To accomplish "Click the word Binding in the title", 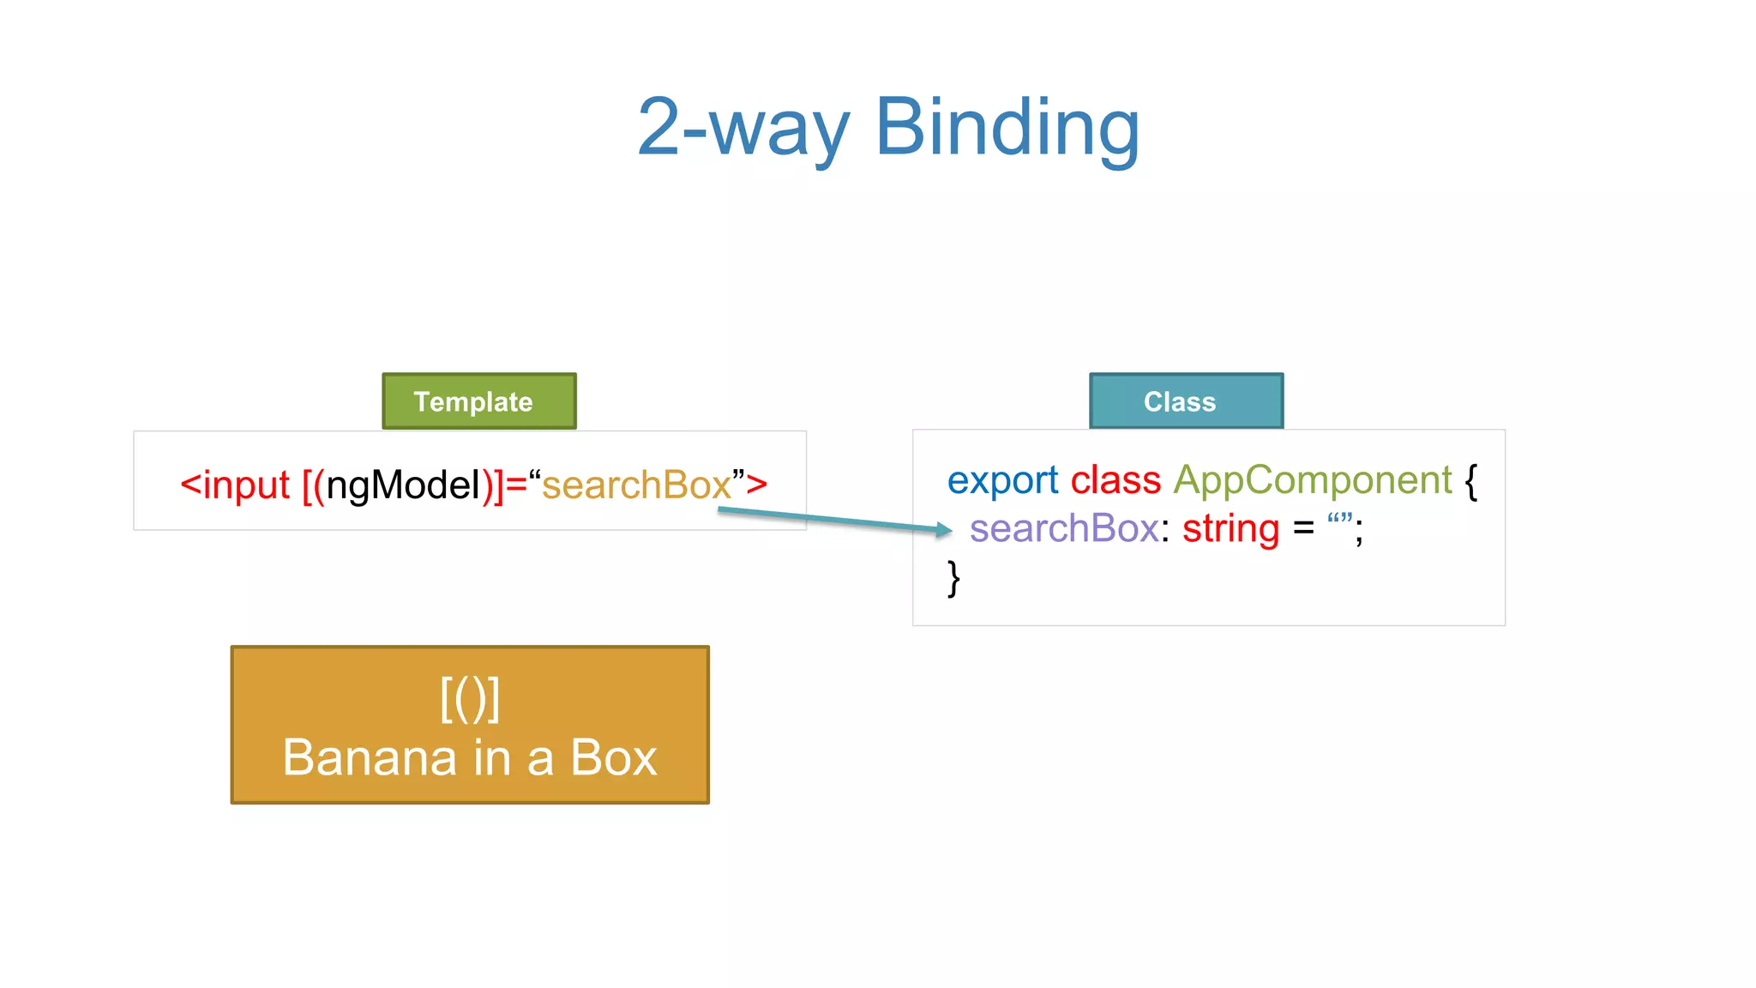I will coord(1007,129).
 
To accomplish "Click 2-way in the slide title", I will coord(743,129).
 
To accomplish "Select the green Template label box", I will coord(478,401).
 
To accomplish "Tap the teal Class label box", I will coord(1186,401).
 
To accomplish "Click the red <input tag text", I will coord(235,485).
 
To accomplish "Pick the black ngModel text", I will coord(403,485).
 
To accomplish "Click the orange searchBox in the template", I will coord(636,485).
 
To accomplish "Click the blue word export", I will coord(1002,480).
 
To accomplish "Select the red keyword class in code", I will coord(1116,479).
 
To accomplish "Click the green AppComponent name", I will coord(1312,480).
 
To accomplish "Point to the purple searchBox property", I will coord(1064,528).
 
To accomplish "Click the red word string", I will coord(1230,528).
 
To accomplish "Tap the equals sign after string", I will coord(1303,528).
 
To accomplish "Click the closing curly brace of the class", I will coord(953,578).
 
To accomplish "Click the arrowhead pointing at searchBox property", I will coord(944,530).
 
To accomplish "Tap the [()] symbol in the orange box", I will coord(470,699).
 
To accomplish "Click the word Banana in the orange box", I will coord(370,758).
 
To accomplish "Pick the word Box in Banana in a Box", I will coord(613,758).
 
